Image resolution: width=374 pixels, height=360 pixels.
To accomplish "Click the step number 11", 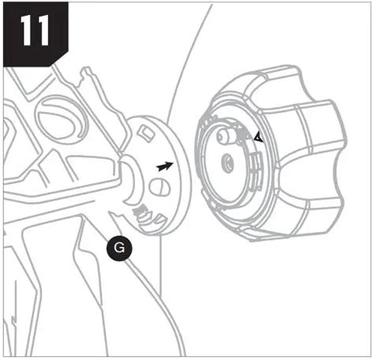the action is [x=35, y=30].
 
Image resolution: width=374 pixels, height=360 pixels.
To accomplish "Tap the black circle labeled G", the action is [x=120, y=248].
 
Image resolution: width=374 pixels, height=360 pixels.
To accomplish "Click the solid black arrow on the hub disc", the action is [x=165, y=167].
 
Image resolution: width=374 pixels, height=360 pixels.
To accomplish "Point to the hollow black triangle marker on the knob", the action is [x=259, y=137].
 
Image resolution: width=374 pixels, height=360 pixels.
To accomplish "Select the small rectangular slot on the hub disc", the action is [x=147, y=133].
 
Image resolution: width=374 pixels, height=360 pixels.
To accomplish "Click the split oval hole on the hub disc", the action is [x=159, y=187].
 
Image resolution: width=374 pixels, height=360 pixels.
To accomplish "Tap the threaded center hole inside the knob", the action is [x=227, y=163].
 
